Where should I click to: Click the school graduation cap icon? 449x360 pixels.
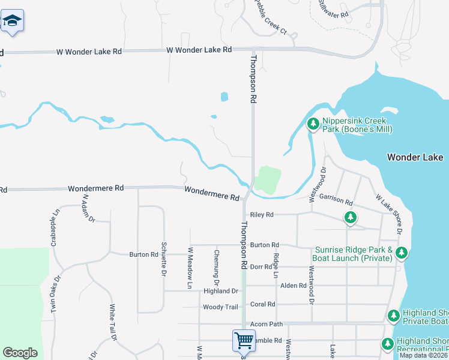(11, 22)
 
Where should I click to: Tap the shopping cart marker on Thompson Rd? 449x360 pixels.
(244, 340)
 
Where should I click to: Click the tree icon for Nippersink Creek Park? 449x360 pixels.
(313, 124)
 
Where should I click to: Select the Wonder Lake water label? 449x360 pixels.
(415, 157)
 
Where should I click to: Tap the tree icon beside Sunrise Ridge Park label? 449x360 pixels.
(401, 254)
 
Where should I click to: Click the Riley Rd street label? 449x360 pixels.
(261, 214)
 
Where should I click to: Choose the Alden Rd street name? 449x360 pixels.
(294, 286)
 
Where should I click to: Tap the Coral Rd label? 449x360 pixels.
(262, 304)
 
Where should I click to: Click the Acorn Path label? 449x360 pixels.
(266, 323)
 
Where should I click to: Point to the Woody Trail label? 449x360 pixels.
(220, 307)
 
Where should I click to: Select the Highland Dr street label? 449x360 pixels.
(221, 291)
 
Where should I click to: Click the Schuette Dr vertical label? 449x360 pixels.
(163, 259)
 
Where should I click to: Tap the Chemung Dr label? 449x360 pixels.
(216, 266)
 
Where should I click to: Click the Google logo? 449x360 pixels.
(20, 353)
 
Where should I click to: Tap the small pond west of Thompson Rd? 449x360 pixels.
(224, 97)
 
